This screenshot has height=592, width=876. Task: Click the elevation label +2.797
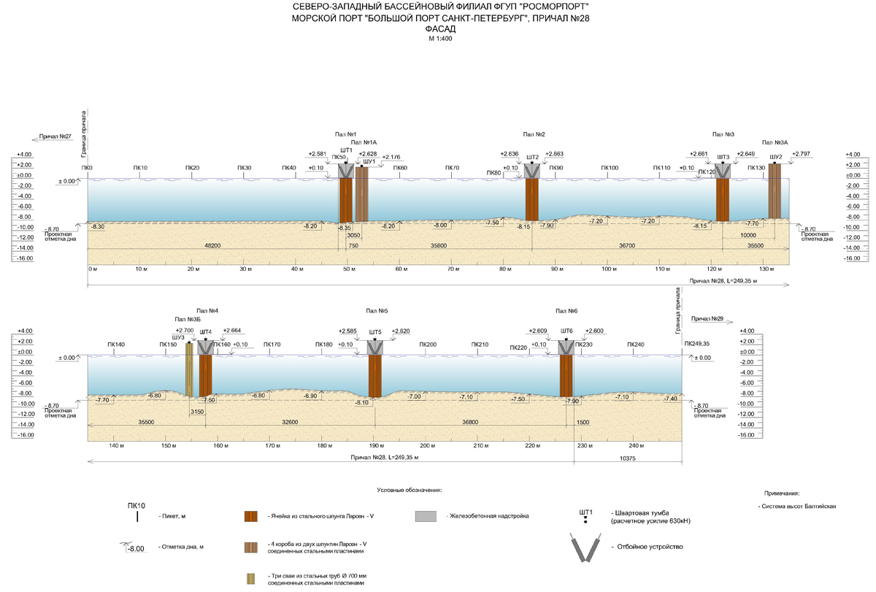point(801,154)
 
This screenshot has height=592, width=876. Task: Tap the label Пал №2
point(534,134)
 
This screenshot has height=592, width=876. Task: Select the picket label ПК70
point(452,169)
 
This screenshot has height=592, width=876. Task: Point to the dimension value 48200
point(212,245)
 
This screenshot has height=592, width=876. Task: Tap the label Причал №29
point(707,319)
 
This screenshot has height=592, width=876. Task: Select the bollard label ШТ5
point(375,331)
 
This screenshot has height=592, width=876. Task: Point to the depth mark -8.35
point(345,228)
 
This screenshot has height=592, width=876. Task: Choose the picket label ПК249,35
point(697,344)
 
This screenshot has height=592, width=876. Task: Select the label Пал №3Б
point(188,319)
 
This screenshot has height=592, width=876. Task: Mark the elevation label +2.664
point(232,330)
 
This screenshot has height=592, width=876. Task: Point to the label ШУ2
point(776,157)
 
